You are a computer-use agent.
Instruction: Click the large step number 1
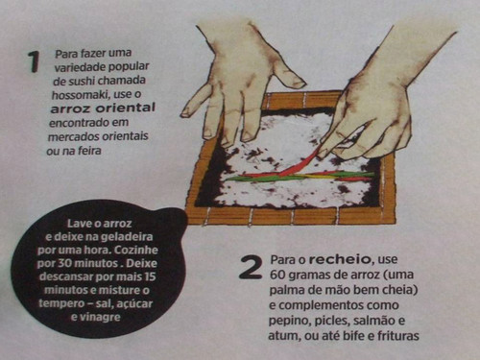34,61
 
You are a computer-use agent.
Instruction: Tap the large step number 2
251,267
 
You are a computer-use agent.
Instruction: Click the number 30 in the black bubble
65,263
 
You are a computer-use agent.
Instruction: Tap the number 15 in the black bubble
150,276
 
